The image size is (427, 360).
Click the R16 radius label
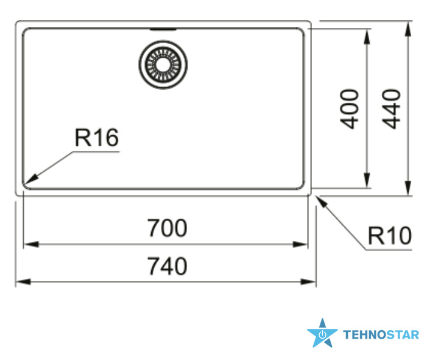coord(97,138)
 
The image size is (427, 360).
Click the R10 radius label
coord(390,236)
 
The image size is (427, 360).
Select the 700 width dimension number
coord(167,228)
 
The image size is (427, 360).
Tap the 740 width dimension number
coord(167,266)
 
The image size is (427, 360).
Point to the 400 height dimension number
coord(350,109)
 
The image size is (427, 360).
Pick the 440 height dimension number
coord(391,109)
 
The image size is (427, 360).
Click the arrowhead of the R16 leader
coord(31,180)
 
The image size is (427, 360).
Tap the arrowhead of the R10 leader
coord(321,202)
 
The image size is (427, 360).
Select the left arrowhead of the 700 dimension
coord(31,244)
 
